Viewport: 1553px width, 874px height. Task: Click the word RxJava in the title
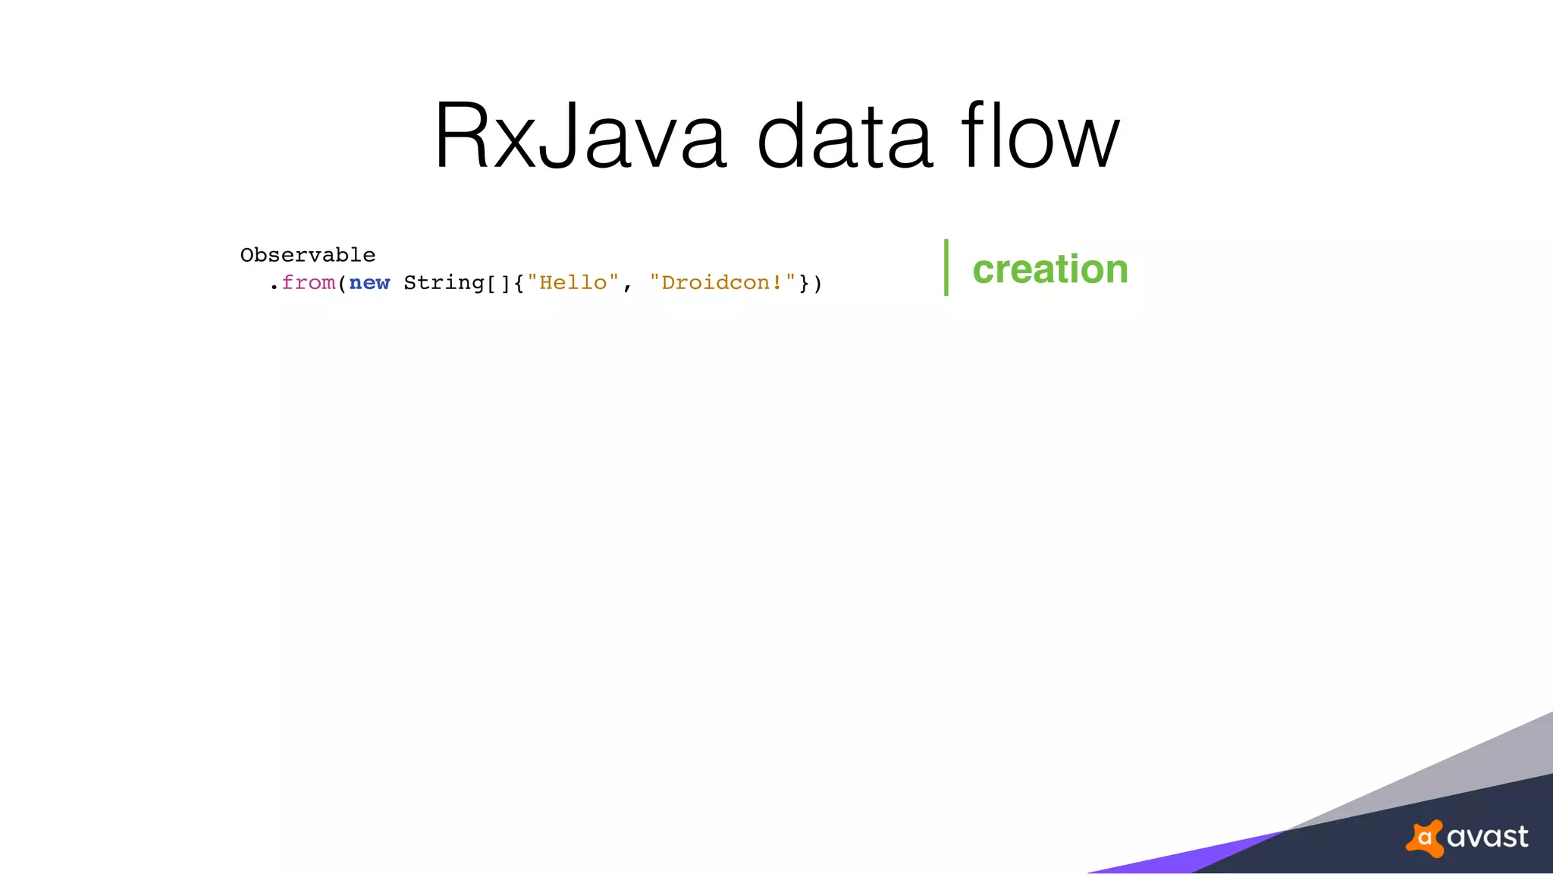tap(580, 137)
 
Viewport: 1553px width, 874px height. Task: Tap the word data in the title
tap(845, 137)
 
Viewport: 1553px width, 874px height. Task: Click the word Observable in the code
tap(308, 255)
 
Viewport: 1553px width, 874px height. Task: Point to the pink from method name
tap(309, 283)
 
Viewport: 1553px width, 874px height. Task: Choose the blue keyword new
tap(369, 283)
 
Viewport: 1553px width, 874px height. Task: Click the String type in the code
tap(444, 283)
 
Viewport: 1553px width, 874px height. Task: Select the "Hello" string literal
tap(573, 283)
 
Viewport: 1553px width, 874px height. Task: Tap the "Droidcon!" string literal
tap(723, 283)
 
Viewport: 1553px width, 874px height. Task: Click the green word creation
tap(1050, 269)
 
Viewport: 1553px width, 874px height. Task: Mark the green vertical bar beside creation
tap(946, 267)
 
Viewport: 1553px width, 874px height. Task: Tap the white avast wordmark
tap(1487, 837)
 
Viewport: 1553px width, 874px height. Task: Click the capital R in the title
tap(463, 137)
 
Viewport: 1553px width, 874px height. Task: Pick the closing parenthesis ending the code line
tap(817, 283)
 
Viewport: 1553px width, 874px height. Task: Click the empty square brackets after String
tap(498, 283)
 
